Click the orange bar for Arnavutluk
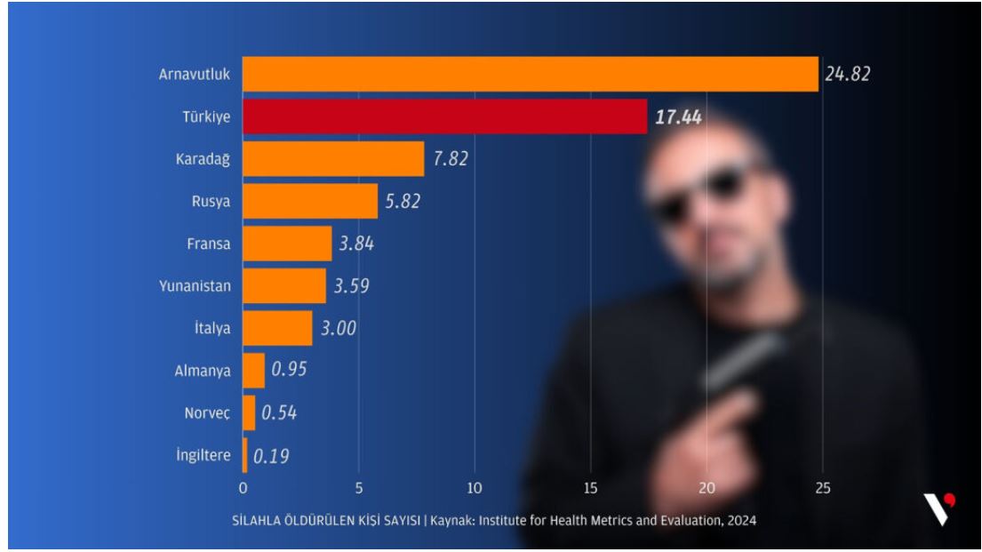[530, 74]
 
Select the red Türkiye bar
[444, 116]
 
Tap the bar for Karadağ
[333, 159]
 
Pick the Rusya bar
[310, 201]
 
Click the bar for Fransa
[287, 244]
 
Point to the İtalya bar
[277, 328]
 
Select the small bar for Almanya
[253, 371]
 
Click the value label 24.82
[847, 74]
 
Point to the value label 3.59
[351, 286]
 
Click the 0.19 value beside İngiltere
[271, 456]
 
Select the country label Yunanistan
[196, 286]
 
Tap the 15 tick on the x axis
[590, 487]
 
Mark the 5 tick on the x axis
[358, 487]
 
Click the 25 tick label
[822, 487]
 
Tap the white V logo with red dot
[938, 508]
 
